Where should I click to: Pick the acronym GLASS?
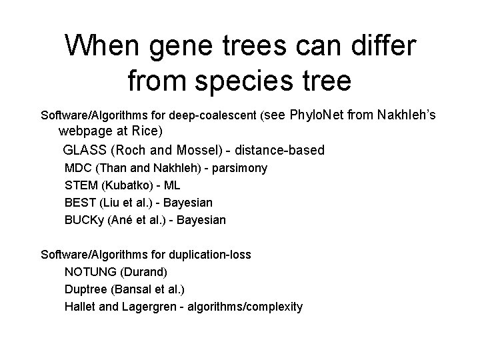point(85,150)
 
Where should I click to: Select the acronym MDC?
point(77,169)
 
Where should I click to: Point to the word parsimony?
point(239,169)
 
